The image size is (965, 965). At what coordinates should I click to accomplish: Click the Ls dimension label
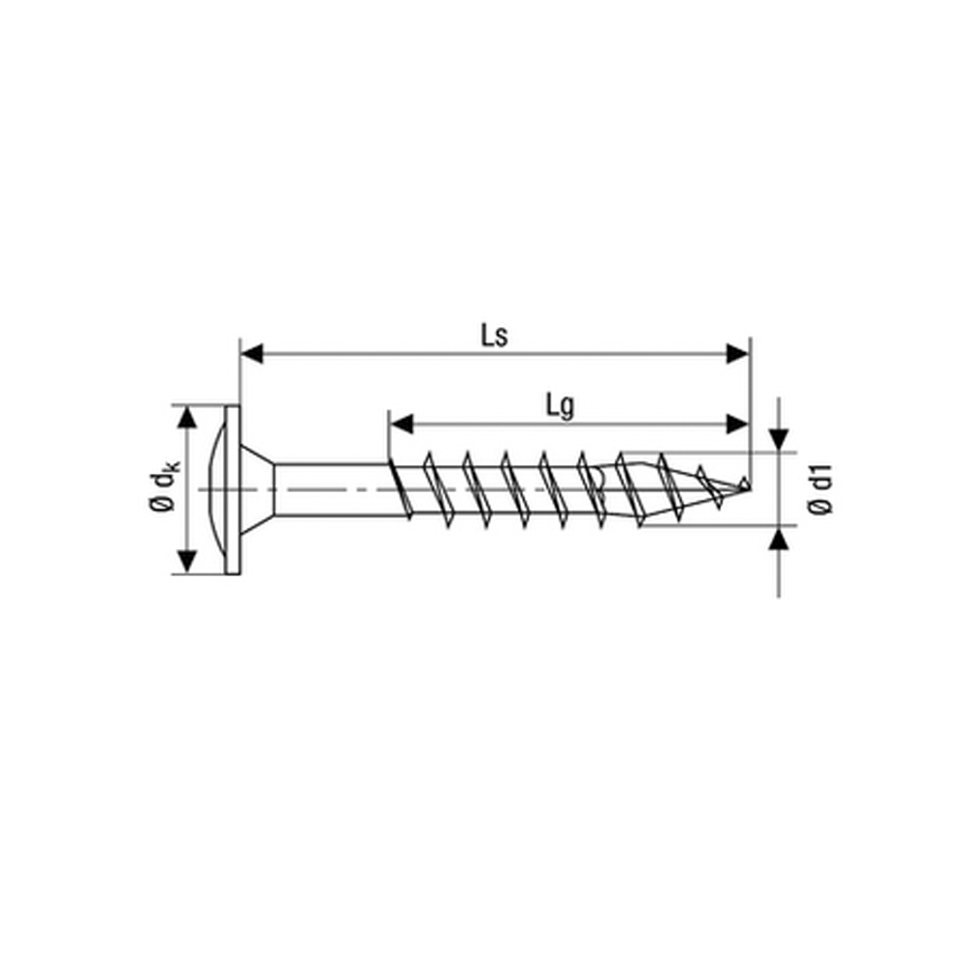click(x=494, y=336)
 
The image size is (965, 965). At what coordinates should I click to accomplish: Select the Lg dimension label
click(x=560, y=406)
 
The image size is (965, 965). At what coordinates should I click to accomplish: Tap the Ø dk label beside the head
click(x=164, y=490)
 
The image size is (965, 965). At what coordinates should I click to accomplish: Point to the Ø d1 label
click(x=821, y=490)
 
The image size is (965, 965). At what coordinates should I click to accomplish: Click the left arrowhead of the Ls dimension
click(x=252, y=354)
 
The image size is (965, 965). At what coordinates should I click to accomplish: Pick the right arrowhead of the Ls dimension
click(x=738, y=354)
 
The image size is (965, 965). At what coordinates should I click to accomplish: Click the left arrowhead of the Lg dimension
click(x=401, y=424)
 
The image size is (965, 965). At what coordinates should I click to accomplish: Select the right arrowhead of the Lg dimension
click(x=738, y=424)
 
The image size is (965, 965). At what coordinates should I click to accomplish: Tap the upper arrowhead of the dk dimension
click(x=187, y=417)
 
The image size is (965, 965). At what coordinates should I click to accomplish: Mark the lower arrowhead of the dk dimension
click(x=187, y=562)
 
